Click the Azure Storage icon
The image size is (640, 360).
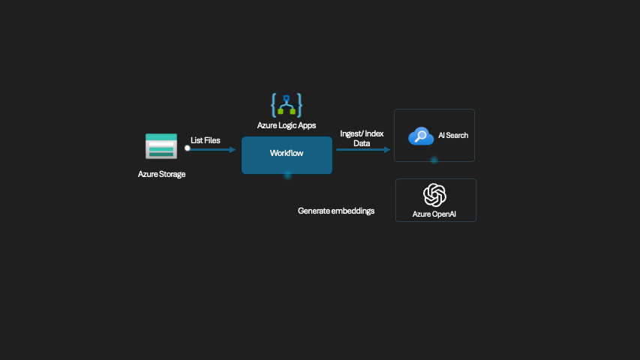(x=161, y=146)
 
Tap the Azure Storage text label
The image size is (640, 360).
(x=161, y=174)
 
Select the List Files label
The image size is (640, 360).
(x=206, y=140)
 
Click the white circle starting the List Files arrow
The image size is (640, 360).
(x=188, y=148)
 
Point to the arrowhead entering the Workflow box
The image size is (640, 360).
(x=233, y=149)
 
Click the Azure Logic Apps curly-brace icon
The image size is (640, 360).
(x=286, y=105)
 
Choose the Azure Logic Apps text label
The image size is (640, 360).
(x=287, y=125)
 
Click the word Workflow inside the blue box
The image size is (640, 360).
(x=287, y=153)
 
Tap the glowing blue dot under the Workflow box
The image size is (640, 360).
(x=287, y=175)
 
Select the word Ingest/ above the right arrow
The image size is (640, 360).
(x=351, y=133)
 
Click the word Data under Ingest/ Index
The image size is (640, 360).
(x=362, y=142)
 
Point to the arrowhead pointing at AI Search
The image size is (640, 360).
(x=387, y=149)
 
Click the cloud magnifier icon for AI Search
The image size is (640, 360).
(x=421, y=136)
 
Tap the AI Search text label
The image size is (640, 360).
(x=453, y=136)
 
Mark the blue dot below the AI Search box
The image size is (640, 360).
(x=434, y=160)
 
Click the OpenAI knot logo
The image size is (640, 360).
(x=435, y=195)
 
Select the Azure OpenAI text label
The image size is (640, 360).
(x=434, y=214)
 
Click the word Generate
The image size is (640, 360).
(x=314, y=211)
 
